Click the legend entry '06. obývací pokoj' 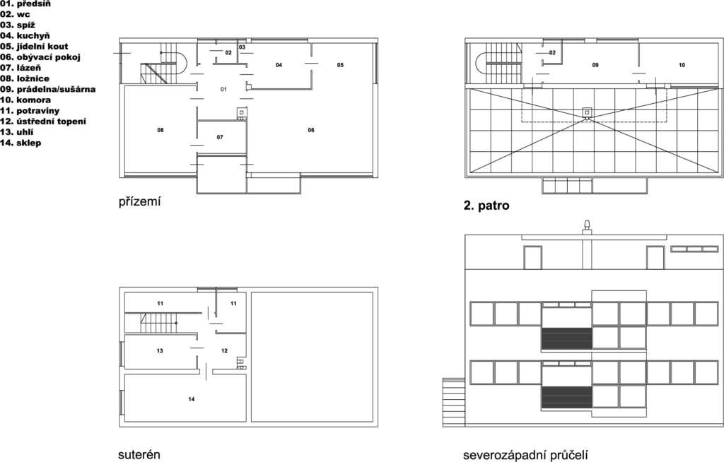point(40,57)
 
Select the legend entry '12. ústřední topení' point(43,122)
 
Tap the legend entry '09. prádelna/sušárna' point(48,89)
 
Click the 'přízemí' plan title point(139,202)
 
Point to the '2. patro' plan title point(486,206)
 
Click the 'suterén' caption point(139,455)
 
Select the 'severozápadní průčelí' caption point(525,455)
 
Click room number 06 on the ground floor point(311,130)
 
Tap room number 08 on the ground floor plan point(160,130)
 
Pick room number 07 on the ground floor point(220,137)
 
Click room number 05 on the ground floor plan point(340,65)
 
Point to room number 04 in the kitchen point(279,65)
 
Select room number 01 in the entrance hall point(223,89)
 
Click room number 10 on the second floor point(682,65)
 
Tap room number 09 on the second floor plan point(595,65)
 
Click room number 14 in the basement point(192,399)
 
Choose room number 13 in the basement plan point(160,351)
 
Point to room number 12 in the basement point(224,351)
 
